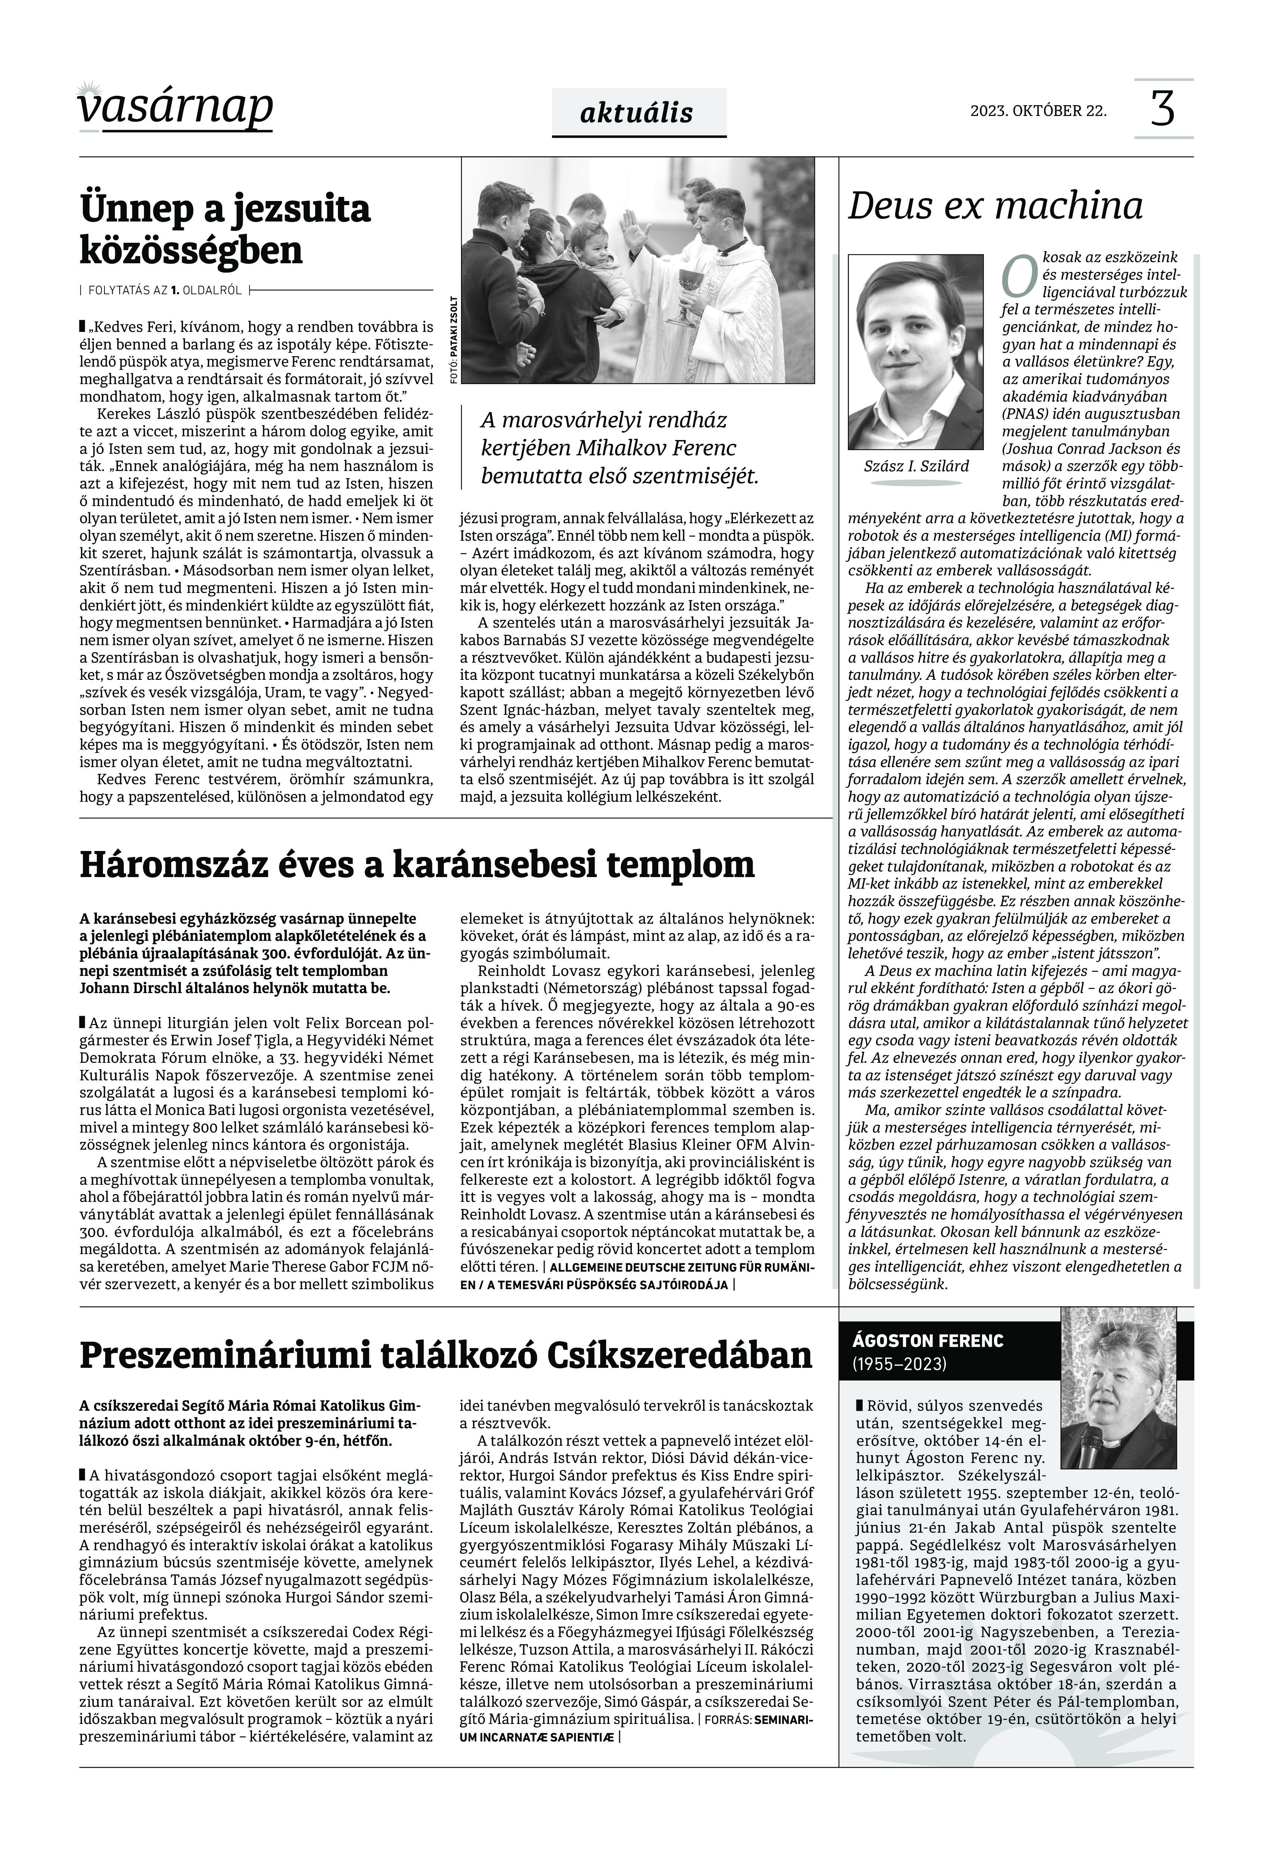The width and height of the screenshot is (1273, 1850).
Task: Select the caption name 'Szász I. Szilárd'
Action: point(916,466)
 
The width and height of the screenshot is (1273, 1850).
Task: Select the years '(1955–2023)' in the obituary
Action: point(900,1364)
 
